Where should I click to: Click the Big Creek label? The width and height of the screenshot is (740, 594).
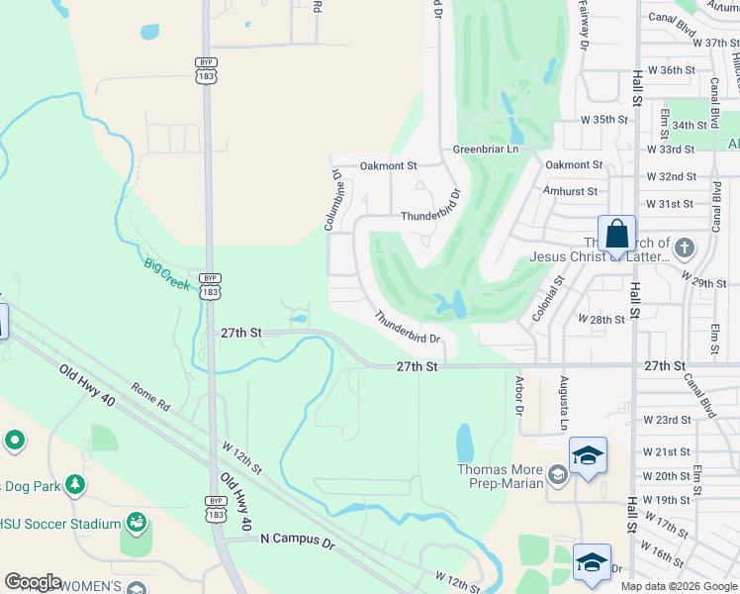[x=166, y=272]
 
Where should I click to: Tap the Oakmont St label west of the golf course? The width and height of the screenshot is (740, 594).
[x=388, y=166]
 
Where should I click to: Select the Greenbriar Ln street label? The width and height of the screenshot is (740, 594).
[x=486, y=149]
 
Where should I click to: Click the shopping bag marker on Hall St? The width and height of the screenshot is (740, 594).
[x=616, y=237]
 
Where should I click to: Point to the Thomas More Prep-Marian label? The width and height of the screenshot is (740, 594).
[x=501, y=476]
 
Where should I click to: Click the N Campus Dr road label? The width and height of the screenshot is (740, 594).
[x=298, y=539]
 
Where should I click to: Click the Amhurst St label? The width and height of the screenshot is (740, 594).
[x=570, y=191]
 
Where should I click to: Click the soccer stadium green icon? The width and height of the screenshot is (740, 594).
[x=137, y=522]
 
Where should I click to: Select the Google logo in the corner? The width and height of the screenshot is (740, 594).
[x=34, y=582]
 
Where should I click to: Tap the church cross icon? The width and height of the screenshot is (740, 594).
[x=684, y=247]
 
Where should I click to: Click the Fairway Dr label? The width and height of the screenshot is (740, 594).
[x=584, y=25]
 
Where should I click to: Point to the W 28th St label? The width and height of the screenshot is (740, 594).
[x=601, y=320]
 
